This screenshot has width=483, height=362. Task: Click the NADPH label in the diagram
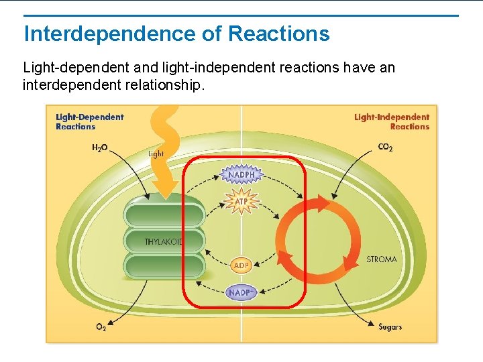[x=241, y=176]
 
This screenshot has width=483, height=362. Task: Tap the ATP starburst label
[x=241, y=201]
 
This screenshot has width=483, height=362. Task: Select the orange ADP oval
[x=241, y=266]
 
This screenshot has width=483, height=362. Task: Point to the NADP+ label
[x=241, y=292]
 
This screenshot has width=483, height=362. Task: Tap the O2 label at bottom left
[x=101, y=327]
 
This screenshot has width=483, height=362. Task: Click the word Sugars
[x=390, y=327]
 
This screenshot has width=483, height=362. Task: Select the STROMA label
[x=382, y=259]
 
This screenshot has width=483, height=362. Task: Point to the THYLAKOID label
[x=164, y=241]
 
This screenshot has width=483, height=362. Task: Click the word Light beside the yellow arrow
[x=156, y=154]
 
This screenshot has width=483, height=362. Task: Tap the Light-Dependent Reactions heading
[x=90, y=121]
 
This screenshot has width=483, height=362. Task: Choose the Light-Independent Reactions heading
[x=392, y=121]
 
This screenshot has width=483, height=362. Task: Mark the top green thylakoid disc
[x=164, y=215]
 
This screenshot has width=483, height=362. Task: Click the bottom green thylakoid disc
[x=164, y=265]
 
